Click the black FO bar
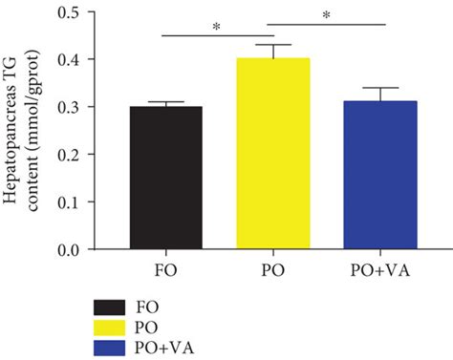point(165,179)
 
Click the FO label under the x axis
point(165,269)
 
